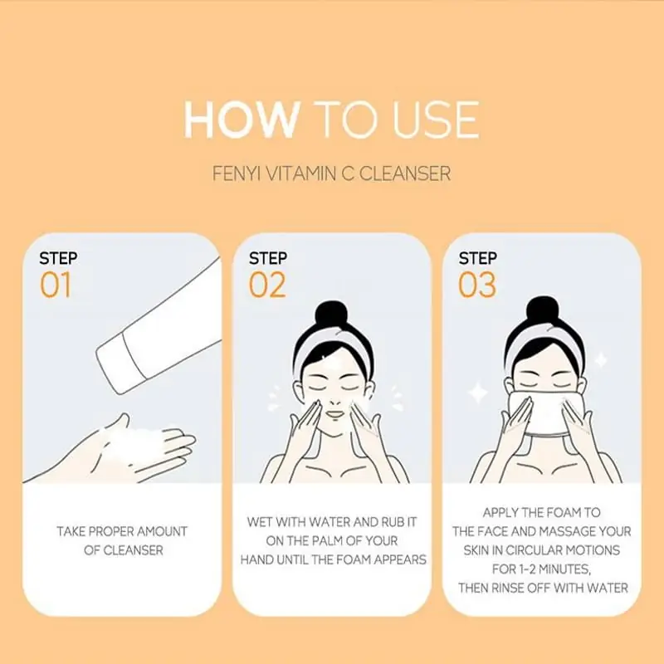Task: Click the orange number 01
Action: click(x=56, y=285)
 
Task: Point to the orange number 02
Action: click(x=267, y=285)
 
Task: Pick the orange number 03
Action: click(x=477, y=285)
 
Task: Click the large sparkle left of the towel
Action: click(x=479, y=389)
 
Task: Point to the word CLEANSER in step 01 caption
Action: click(x=121, y=550)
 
